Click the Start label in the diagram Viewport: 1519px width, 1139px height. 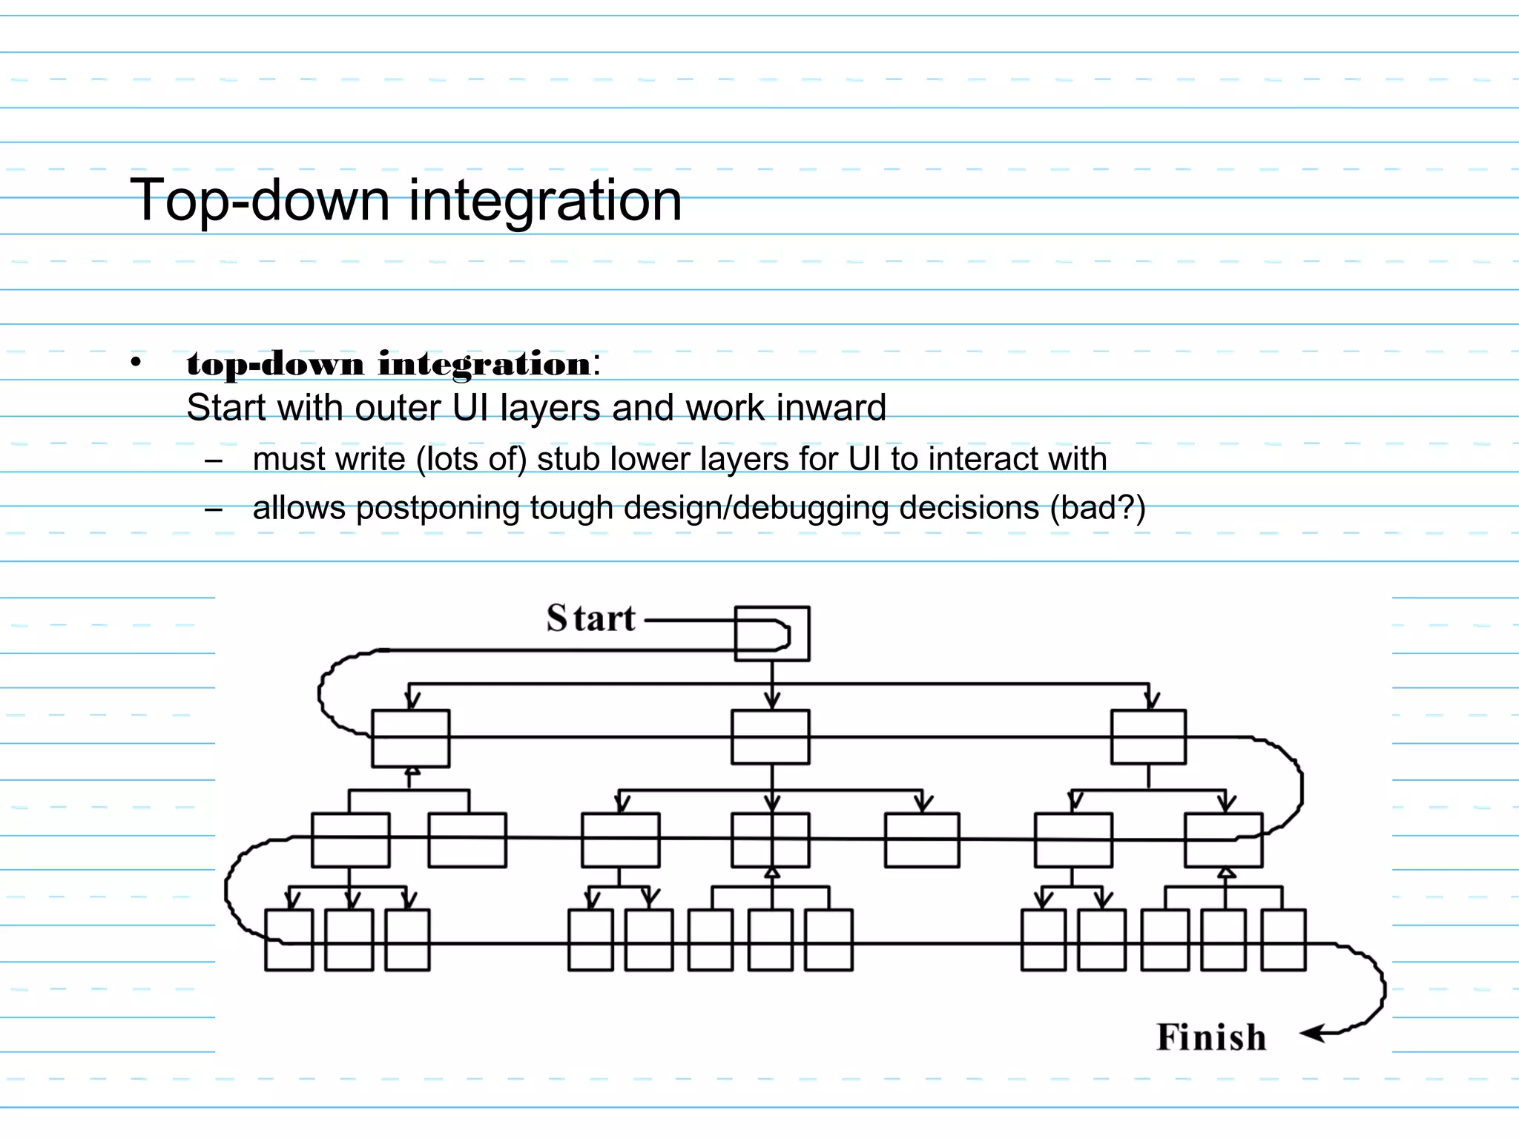click(591, 618)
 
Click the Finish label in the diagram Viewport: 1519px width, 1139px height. click(1211, 1037)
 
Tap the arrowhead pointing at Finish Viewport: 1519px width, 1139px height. click(1312, 1033)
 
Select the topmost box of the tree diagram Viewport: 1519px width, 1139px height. click(772, 633)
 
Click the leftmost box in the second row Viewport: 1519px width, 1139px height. click(410, 739)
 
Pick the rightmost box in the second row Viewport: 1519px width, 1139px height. click(1148, 737)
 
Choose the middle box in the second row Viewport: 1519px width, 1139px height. click(771, 737)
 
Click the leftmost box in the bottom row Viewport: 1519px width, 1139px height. click(289, 940)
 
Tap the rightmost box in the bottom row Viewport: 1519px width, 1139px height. click(1283, 940)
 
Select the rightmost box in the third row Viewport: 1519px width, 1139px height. click(1224, 840)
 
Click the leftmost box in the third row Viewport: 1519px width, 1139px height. click(351, 840)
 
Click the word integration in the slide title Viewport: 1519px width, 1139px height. click(545, 200)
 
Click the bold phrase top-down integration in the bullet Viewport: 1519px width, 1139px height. click(389, 363)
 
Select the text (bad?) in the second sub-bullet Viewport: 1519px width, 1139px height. click(1098, 509)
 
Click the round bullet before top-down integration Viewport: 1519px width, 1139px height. click(135, 363)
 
